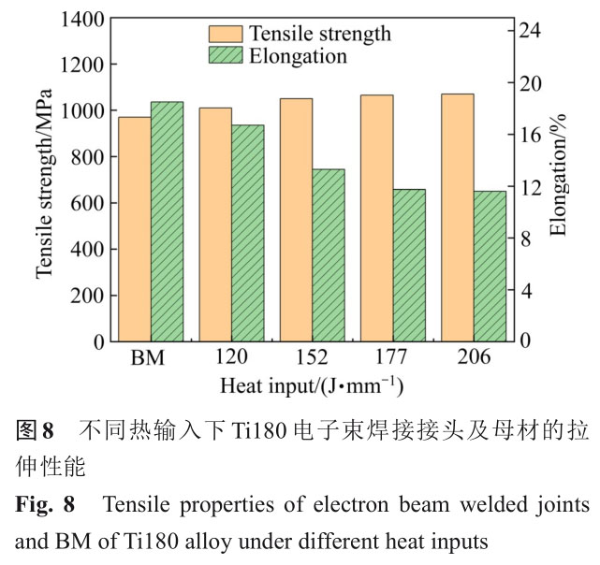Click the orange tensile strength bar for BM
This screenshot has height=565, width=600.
(x=135, y=229)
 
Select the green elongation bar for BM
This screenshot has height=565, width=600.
(x=167, y=222)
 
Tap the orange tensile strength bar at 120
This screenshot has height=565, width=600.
(x=215, y=225)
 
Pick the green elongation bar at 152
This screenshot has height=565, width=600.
(x=328, y=255)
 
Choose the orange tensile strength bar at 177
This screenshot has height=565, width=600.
(x=376, y=218)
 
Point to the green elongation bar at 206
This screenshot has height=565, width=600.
(x=489, y=267)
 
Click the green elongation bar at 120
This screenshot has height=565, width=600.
(x=247, y=233)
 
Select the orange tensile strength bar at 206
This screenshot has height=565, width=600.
(x=457, y=218)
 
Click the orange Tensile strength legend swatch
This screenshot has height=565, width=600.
(x=226, y=35)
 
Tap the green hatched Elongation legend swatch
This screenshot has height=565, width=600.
(x=226, y=56)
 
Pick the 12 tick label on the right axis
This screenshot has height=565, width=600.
(x=531, y=187)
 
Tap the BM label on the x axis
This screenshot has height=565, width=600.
(x=151, y=358)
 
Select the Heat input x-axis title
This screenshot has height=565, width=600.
(x=312, y=384)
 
